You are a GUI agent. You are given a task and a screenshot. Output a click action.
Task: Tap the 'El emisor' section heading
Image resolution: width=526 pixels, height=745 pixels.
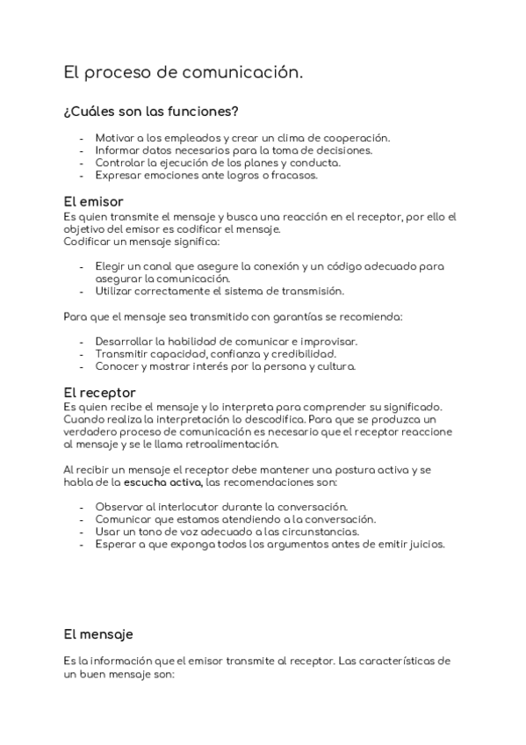tap(93, 201)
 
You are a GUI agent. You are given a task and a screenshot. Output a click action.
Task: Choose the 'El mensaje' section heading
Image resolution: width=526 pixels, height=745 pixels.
tap(98, 633)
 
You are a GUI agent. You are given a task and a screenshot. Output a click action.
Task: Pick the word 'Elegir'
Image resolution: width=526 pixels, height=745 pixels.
tap(112, 265)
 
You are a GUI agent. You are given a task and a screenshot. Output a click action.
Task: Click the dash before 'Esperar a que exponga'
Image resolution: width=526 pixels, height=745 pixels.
tap(82, 544)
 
